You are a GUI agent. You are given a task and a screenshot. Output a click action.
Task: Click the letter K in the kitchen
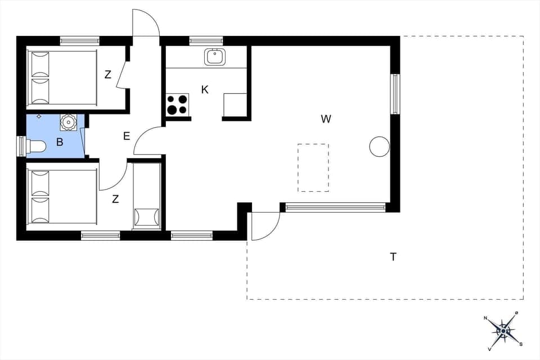coord(205,89)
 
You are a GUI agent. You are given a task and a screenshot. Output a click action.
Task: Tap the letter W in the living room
coord(326,119)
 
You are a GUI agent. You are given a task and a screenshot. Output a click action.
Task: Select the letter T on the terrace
coord(393,257)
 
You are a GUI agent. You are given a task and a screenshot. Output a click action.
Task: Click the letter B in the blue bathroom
coord(60,142)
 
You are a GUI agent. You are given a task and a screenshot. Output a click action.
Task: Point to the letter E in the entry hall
coord(127,136)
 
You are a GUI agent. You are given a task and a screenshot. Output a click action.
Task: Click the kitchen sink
coord(214,56)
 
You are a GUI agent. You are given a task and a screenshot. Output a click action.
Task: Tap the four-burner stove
coord(177,105)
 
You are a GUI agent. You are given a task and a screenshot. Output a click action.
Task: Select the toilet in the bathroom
coord(36,147)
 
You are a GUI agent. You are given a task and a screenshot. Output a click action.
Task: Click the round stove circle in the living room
coord(379,147)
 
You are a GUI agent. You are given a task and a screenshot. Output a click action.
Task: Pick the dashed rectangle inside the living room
coord(313,168)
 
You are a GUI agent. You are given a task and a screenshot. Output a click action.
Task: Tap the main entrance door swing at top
coord(145,24)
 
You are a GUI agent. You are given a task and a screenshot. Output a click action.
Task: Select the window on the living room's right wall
coord(395,93)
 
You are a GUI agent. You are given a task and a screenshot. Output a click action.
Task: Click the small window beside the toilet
coord(21,146)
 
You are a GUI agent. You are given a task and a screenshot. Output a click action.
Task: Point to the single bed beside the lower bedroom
coord(147,195)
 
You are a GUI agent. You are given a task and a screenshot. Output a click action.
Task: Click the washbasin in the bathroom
coord(68,121)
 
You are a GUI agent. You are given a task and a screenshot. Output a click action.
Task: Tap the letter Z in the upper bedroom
coord(107,74)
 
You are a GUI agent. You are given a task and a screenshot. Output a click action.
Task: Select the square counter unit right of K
coord(235,105)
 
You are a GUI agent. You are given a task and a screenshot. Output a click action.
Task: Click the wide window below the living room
coord(335,208)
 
